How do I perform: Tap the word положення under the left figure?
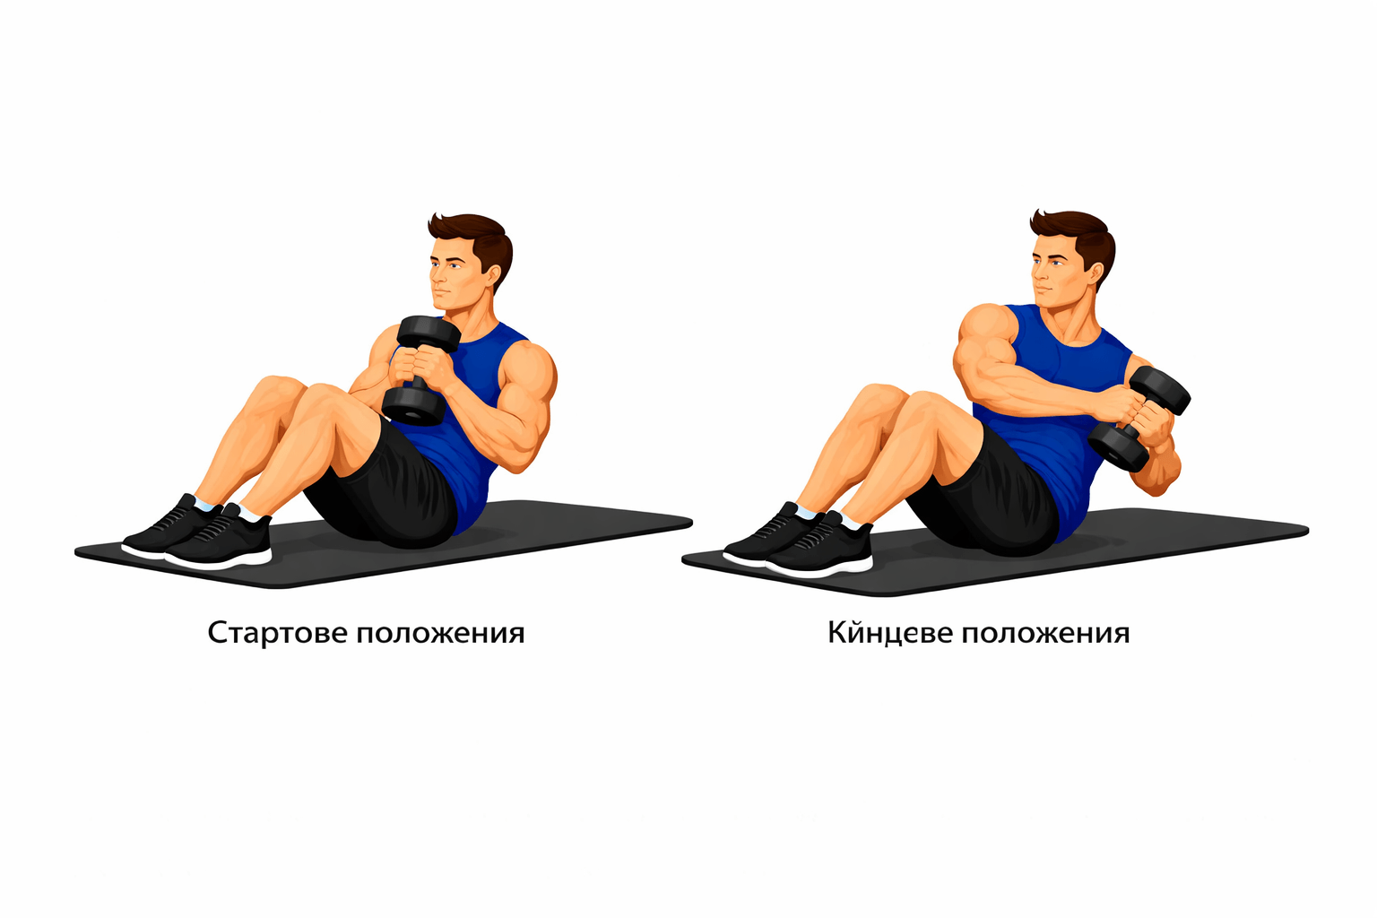point(441,634)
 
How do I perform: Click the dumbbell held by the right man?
point(1139,418)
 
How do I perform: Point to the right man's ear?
point(1097,276)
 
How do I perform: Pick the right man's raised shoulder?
point(983,329)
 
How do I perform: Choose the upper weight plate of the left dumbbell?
point(429,333)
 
